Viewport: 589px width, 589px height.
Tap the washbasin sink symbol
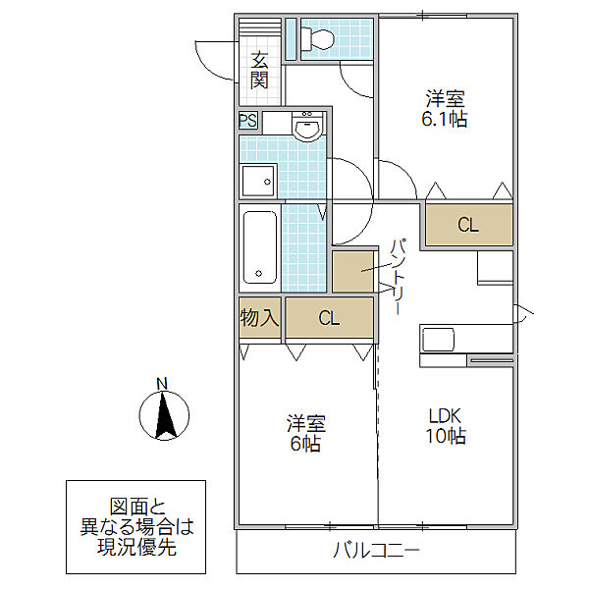coord(307,127)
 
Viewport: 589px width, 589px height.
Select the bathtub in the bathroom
coord(260,247)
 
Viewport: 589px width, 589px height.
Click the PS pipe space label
coord(248,121)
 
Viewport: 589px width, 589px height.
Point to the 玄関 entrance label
coord(259,71)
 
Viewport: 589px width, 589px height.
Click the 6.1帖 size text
coord(445,120)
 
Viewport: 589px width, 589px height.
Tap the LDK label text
coord(446,416)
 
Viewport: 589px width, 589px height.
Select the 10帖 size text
coord(446,436)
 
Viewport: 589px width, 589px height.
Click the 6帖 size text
coord(305,445)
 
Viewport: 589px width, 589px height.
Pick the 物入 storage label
coord(259,318)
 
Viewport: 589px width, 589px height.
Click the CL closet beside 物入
coord(329,318)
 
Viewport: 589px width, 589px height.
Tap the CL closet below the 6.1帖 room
coord(468,225)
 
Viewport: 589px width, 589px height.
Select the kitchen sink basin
coord(439,340)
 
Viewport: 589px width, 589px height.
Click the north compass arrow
coord(164,415)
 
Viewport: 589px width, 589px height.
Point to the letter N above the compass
coord(162,384)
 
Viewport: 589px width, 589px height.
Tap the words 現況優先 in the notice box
coord(136,548)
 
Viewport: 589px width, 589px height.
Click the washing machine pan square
coord(258,182)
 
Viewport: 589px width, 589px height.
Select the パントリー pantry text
coord(399,277)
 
